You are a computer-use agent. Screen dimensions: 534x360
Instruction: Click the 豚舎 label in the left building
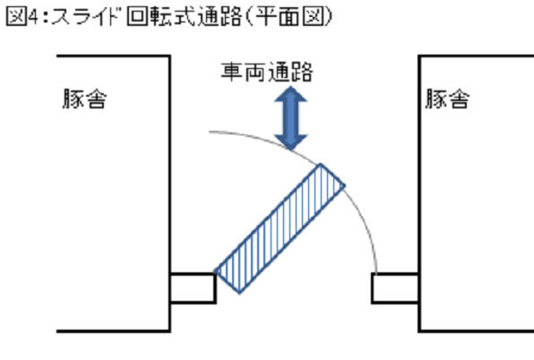click(x=84, y=99)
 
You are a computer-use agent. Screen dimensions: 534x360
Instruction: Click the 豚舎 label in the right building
click(x=447, y=99)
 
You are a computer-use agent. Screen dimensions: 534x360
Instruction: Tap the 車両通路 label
click(x=267, y=72)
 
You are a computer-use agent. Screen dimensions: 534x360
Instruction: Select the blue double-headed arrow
click(x=291, y=118)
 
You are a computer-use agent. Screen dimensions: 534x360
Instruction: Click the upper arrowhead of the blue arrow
click(x=291, y=94)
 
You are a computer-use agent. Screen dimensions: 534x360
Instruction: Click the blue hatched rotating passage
click(x=280, y=228)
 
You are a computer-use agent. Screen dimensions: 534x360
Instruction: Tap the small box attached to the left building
click(x=193, y=287)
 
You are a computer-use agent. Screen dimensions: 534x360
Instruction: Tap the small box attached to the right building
click(x=395, y=287)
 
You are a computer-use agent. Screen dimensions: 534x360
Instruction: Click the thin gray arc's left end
click(x=209, y=132)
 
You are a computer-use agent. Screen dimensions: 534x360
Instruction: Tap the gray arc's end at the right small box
click(x=376, y=272)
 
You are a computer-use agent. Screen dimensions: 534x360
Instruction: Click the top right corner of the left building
click(x=169, y=56)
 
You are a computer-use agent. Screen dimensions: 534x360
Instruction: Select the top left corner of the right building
click(x=419, y=56)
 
